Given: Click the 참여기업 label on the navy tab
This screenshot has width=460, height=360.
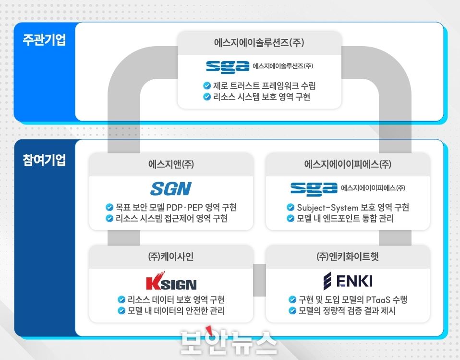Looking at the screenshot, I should [x=44, y=160].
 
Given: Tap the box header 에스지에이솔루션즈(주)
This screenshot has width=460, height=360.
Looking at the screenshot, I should [x=259, y=42].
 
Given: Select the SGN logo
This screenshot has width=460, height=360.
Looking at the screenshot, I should [x=170, y=189].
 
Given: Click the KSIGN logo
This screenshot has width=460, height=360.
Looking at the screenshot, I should [x=171, y=282].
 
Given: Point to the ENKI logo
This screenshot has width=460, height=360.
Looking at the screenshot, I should [x=348, y=280].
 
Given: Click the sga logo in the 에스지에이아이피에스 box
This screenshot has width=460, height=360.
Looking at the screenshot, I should [x=315, y=188].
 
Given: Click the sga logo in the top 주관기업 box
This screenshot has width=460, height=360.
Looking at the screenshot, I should [x=228, y=66].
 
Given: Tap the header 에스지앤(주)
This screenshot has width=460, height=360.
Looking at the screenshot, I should [x=171, y=164].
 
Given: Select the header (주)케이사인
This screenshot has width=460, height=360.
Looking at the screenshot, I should [x=171, y=256].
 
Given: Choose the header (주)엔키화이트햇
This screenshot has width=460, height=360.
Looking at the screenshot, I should [x=348, y=256].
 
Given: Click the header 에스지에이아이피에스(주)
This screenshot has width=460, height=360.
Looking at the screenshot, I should [x=348, y=164].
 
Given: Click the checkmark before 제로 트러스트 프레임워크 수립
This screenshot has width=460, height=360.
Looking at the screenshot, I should [x=207, y=86].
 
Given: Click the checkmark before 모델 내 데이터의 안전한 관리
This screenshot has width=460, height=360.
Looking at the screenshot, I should [x=121, y=310].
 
